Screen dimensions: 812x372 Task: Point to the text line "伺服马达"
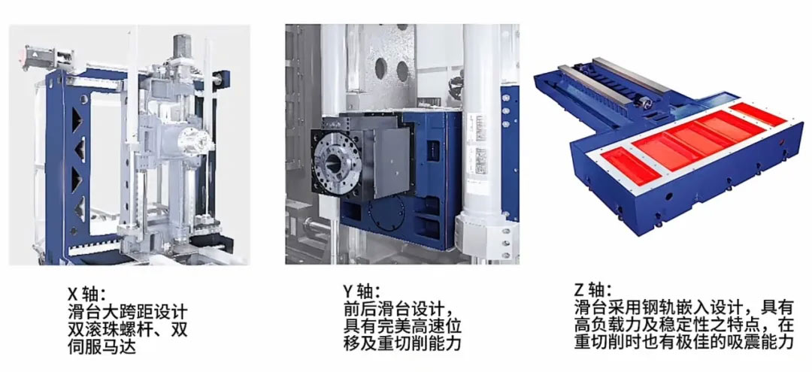101,346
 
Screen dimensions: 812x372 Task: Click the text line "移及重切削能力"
401,343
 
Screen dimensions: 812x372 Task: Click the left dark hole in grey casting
380,68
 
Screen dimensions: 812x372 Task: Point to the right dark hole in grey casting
402,71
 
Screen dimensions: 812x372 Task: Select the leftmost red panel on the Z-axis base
627,165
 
